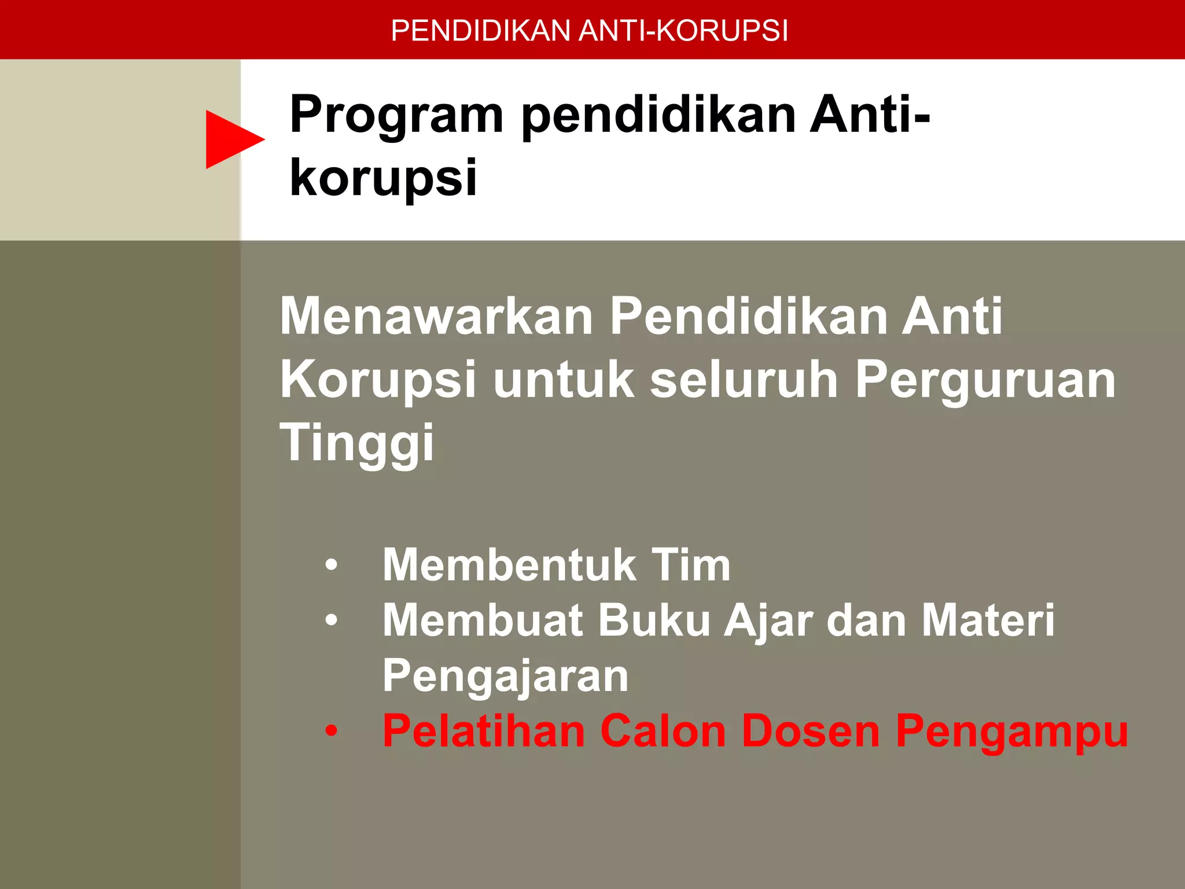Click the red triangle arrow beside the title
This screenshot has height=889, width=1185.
(231, 139)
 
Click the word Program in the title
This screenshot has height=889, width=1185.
(396, 116)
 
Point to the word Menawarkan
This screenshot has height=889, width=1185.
(437, 317)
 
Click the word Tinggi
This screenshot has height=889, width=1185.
(356, 443)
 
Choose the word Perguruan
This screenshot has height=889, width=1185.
(985, 380)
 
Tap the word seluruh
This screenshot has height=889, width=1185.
(744, 380)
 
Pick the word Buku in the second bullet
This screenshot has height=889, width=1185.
(654, 620)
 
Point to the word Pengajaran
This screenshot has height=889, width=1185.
(505, 676)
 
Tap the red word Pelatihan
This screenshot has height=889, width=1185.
(484, 731)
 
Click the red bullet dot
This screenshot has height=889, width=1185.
(331, 731)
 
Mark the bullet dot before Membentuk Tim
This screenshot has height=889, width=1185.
(331, 565)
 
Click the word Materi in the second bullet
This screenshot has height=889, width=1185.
(988, 620)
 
